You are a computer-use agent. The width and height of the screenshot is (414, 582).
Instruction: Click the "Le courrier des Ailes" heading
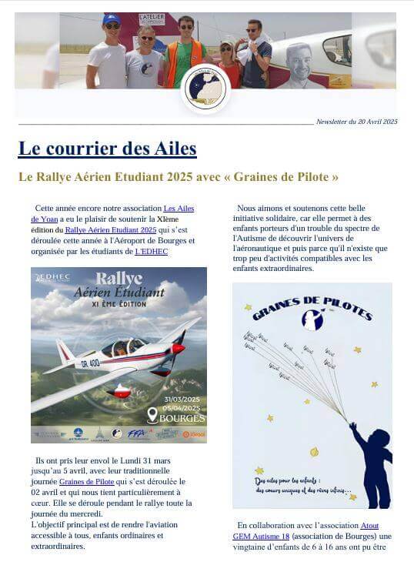107,148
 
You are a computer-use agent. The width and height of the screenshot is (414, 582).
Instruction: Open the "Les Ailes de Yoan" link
179,209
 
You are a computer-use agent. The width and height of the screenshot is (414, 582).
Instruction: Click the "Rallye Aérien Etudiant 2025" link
110,229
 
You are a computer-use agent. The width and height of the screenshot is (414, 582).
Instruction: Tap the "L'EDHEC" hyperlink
151,251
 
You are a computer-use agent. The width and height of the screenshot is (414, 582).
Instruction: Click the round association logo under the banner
205,88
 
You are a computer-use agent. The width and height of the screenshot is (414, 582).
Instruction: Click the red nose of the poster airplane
178,349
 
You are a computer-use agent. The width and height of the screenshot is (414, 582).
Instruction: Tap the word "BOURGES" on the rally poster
182,419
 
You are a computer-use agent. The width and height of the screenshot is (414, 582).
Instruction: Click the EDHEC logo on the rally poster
52,277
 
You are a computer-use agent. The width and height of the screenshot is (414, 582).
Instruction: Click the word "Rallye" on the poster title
119,278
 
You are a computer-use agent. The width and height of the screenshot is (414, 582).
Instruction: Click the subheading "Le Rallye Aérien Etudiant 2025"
178,177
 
